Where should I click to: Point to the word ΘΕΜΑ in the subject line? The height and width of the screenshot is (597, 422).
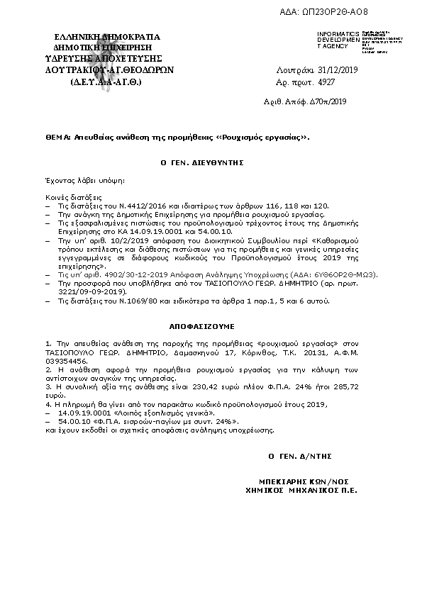point(57,138)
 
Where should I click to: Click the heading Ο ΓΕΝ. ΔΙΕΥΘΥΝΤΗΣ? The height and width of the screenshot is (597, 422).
point(202,162)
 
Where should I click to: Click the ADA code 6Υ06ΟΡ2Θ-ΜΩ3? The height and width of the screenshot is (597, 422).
point(351,274)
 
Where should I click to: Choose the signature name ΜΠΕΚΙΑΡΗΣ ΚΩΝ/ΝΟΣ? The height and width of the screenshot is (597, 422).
point(300,479)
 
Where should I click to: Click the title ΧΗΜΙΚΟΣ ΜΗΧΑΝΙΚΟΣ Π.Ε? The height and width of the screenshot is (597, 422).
point(301,489)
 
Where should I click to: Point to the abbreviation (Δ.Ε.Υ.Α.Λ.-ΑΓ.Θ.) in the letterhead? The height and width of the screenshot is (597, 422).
point(106,82)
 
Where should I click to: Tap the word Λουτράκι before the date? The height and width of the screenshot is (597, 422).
point(290,71)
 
